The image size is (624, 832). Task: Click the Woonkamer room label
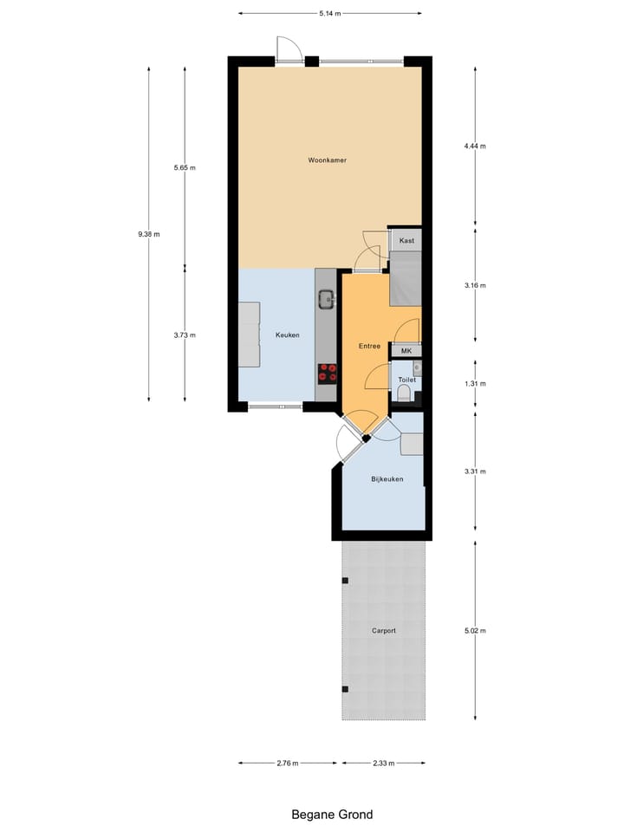pyautogui.click(x=327, y=160)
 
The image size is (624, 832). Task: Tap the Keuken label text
pyautogui.click(x=288, y=335)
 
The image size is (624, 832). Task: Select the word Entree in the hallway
pyautogui.click(x=370, y=346)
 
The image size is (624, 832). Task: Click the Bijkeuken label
pyautogui.click(x=387, y=479)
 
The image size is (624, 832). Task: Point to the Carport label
pyautogui.click(x=383, y=631)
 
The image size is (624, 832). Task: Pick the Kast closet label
pyautogui.click(x=406, y=240)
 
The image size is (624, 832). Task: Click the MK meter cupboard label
pyautogui.click(x=406, y=351)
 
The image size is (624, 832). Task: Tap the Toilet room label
pyautogui.click(x=406, y=380)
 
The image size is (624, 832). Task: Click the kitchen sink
pyautogui.click(x=326, y=301)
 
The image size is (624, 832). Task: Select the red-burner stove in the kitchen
pyautogui.click(x=328, y=373)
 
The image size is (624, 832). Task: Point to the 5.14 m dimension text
pyautogui.click(x=330, y=13)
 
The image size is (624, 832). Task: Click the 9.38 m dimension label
pyautogui.click(x=149, y=234)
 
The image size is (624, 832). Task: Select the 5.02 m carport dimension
pyautogui.click(x=475, y=630)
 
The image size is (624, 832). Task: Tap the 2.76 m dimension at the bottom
pyautogui.click(x=287, y=764)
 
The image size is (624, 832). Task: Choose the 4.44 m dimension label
pyautogui.click(x=475, y=146)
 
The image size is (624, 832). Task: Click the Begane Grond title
pyautogui.click(x=332, y=815)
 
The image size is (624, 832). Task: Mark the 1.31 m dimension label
pyautogui.click(x=475, y=383)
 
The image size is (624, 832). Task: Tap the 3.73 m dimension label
pyautogui.click(x=185, y=335)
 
